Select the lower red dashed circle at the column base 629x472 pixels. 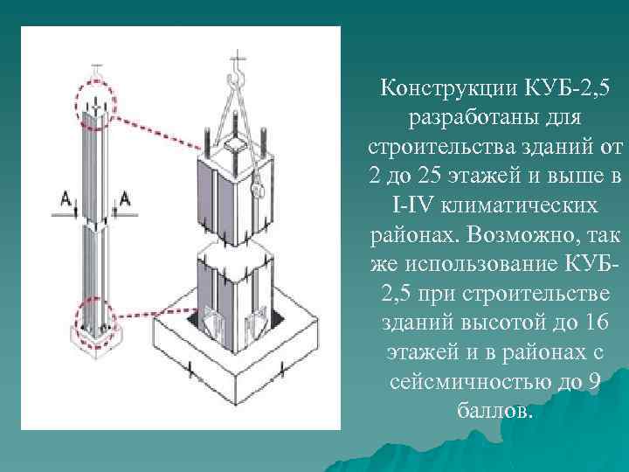tap(95, 319)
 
